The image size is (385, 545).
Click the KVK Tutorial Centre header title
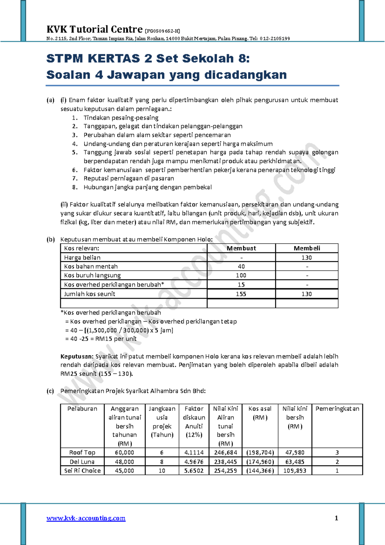94,29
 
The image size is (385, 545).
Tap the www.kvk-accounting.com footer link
86,518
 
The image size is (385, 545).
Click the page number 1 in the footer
336,518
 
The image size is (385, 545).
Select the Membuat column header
241,248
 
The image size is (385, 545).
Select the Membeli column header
307,248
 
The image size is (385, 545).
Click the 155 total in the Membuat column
241,294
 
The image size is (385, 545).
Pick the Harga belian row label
82,257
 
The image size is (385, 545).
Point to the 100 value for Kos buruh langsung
241,275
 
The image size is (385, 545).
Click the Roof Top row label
82,452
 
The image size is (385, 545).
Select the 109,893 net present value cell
295,470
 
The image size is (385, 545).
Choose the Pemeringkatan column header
337,408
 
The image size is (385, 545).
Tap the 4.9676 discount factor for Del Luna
194,462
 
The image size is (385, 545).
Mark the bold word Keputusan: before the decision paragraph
77,356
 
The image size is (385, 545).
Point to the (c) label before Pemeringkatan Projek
50,391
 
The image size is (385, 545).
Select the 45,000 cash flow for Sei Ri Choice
124,470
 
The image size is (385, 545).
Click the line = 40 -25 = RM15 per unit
101,339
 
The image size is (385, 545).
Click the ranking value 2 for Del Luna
337,462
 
